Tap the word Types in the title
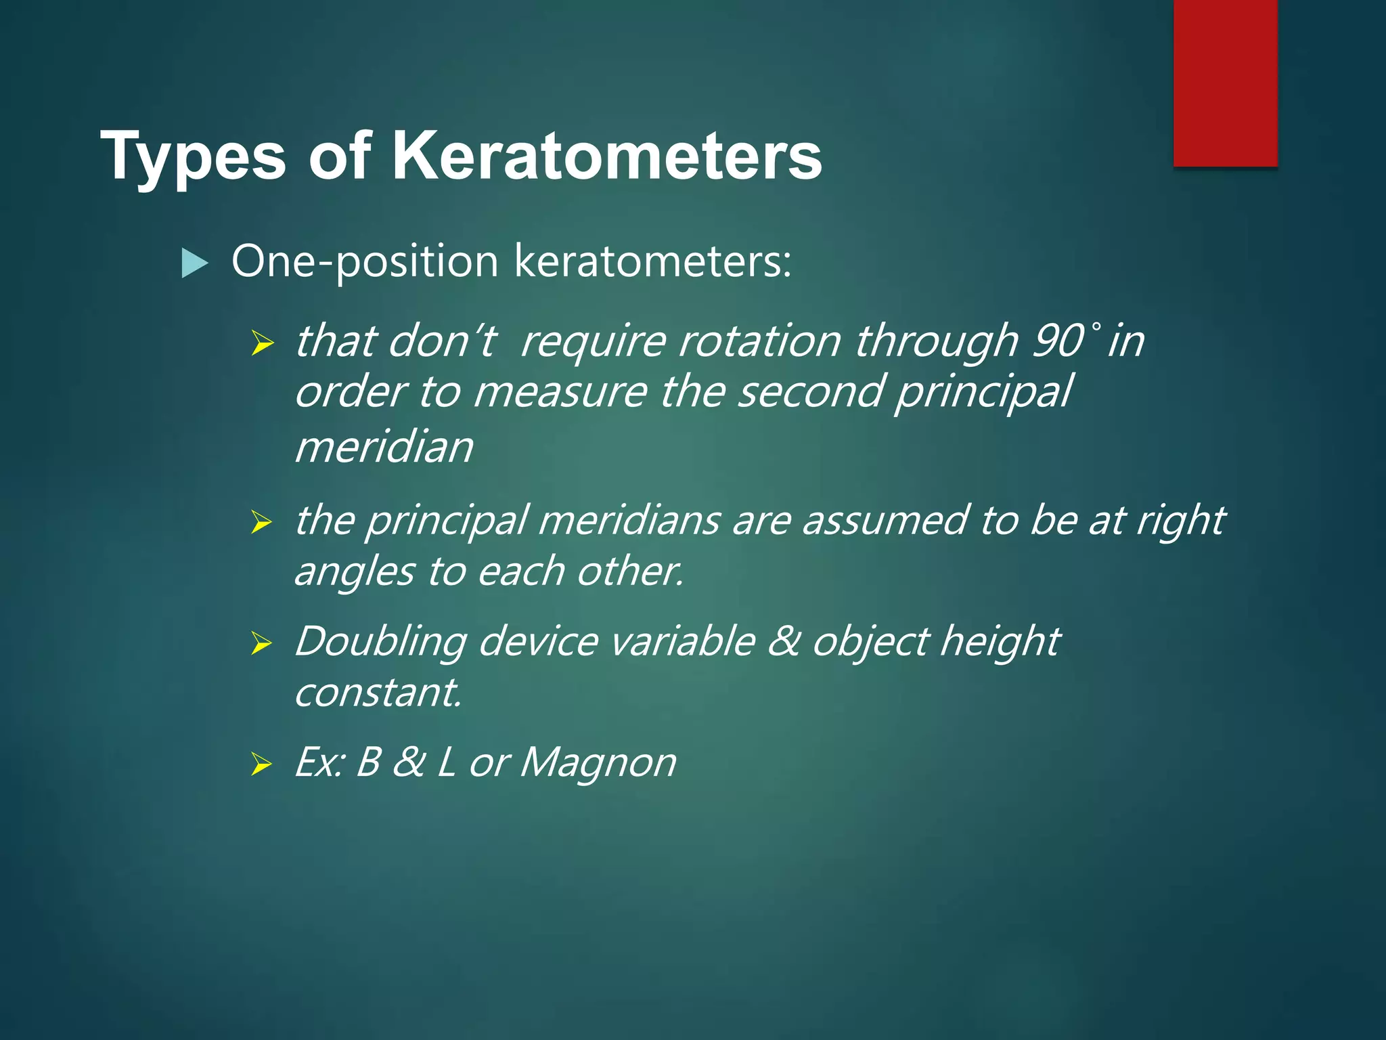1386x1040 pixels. tap(193, 157)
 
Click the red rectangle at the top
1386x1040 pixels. tap(1225, 83)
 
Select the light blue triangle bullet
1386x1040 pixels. tap(195, 263)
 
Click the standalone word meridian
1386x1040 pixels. tap(384, 448)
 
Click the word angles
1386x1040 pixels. tap(354, 571)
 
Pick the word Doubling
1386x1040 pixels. tap(380, 641)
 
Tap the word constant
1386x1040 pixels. tap(378, 693)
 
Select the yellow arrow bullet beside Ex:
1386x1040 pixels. tap(261, 764)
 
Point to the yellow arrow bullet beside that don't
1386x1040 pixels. tap(261, 343)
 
